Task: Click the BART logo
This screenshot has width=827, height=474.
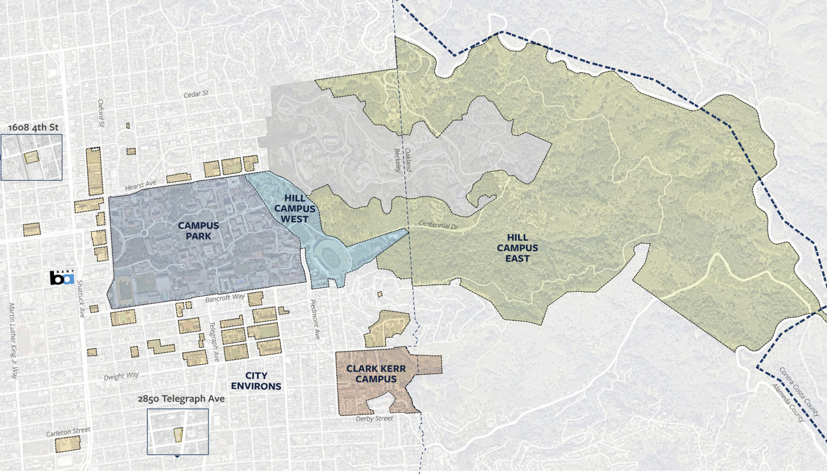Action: coord(62,278)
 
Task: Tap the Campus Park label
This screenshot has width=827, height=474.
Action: coord(198,231)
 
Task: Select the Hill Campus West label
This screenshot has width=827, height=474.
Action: coord(295,209)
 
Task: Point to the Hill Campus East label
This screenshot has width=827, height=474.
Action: coord(517,248)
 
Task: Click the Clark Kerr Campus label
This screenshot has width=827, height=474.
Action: coord(376,374)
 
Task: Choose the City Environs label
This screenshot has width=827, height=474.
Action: coord(256,381)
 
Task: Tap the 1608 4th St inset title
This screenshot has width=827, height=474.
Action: coord(34,127)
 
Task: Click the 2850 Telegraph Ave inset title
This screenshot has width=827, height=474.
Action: coord(181,399)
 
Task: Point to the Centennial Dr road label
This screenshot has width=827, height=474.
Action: coord(438,225)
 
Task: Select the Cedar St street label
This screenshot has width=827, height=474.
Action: coord(196,94)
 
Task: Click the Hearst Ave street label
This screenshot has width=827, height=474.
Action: coord(141,185)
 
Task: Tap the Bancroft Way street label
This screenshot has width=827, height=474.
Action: coord(225,298)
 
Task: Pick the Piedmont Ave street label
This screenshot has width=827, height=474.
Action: coord(315,319)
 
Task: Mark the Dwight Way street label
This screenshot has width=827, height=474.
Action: coord(121,376)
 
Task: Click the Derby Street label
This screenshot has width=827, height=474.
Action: coord(374,418)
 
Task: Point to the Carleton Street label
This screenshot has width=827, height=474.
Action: coord(68,432)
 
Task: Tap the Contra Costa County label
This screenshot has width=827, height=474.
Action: coord(799,391)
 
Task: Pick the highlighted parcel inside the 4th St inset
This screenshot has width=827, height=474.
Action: coord(31,158)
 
